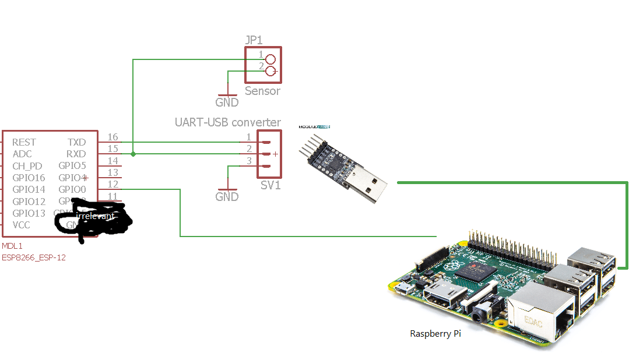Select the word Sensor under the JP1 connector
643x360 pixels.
click(262, 91)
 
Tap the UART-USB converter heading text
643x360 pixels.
click(227, 122)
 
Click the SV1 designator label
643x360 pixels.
click(270, 185)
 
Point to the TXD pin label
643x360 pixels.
click(76, 142)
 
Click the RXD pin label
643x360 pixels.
click(76, 154)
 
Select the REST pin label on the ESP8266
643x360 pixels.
click(24, 142)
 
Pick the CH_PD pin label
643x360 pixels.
click(27, 166)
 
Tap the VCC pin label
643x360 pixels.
click(22, 225)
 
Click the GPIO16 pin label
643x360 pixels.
click(29, 178)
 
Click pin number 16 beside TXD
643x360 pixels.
click(113, 137)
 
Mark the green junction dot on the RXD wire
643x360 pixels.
click(133, 154)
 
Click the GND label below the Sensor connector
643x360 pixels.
click(227, 103)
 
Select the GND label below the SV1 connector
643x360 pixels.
click(227, 197)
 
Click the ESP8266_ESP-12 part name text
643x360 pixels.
click(34, 257)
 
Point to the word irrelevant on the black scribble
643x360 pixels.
click(96, 216)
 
